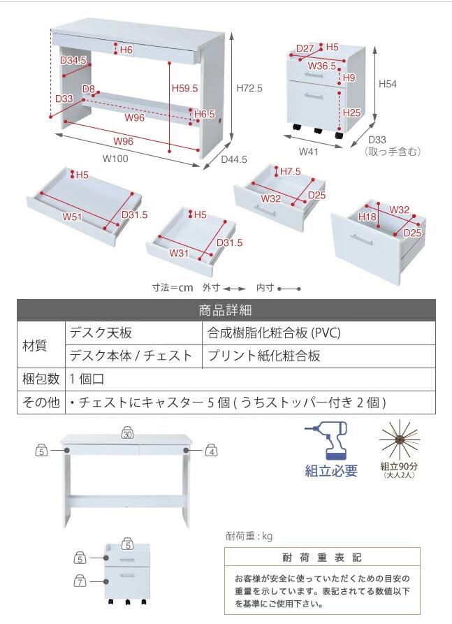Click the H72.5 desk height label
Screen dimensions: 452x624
pos(249,89)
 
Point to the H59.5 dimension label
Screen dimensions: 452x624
pos(185,89)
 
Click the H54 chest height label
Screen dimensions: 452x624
pos(388,84)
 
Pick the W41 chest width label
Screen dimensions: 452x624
pos(309,151)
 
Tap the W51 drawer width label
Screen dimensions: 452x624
pos(73,217)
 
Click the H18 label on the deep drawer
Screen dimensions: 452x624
pos(367,217)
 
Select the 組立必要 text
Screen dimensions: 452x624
pos(331,470)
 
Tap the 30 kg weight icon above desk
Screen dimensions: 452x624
pos(127,434)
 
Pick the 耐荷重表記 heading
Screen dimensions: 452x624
pos(322,558)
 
